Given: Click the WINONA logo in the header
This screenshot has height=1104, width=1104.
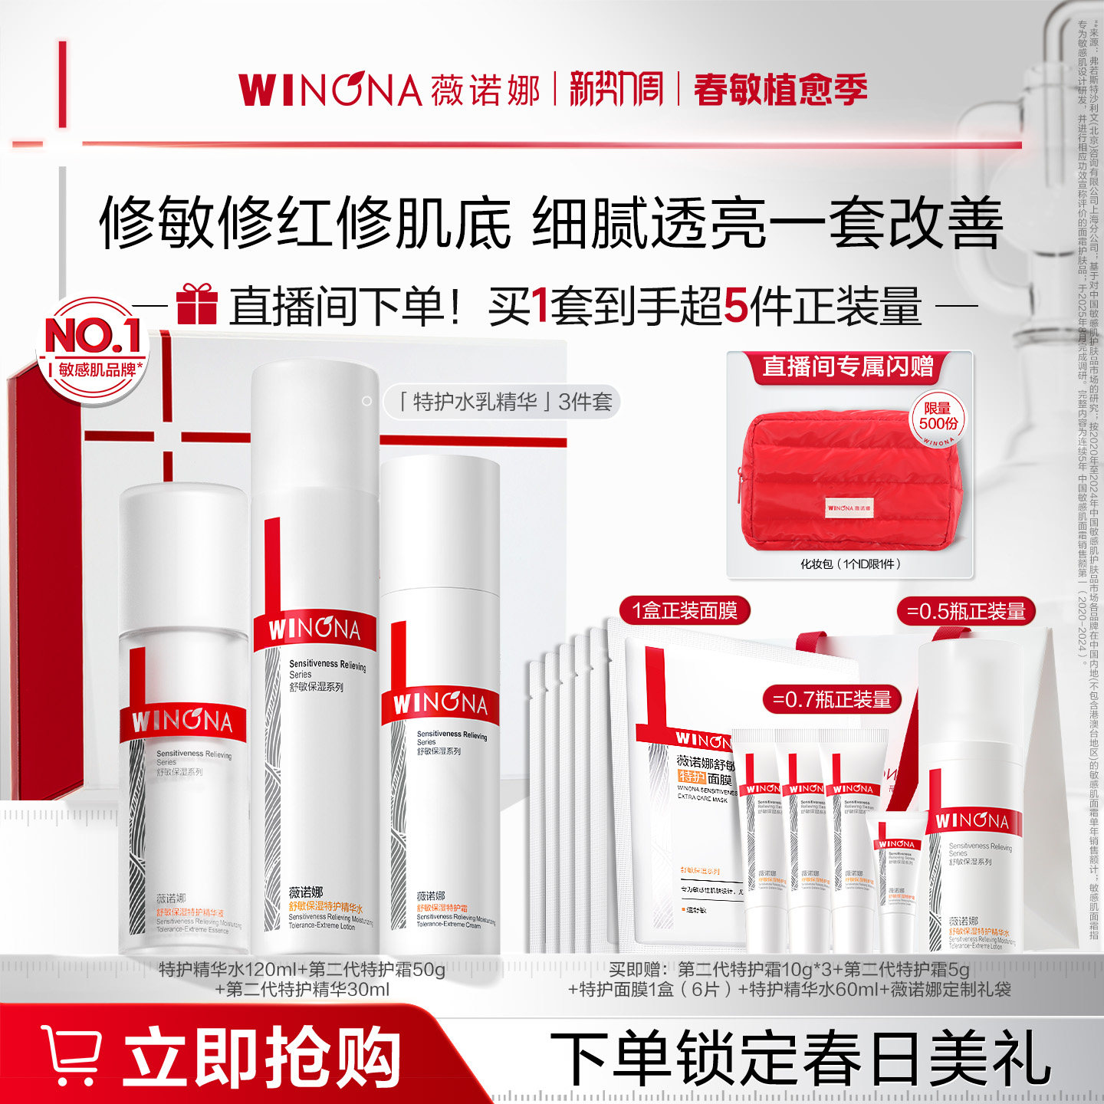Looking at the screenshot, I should (x=330, y=90).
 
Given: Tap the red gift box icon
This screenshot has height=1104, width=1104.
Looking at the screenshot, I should (x=197, y=304).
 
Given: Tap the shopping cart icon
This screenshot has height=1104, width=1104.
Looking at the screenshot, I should (x=71, y=1055).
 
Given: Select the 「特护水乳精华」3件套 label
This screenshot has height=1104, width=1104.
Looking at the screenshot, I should (x=503, y=402).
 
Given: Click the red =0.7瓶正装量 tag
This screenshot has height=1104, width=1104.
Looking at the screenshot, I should (x=832, y=699).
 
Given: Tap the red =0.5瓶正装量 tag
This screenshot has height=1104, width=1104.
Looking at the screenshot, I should (x=966, y=611).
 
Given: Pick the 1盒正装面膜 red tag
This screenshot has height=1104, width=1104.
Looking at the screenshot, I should (x=685, y=611).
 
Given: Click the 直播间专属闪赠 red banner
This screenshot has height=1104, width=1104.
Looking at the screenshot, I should (x=848, y=366).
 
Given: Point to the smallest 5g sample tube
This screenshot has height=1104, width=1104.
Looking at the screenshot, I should (x=900, y=882).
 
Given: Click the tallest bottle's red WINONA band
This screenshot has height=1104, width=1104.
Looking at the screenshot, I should (x=314, y=630).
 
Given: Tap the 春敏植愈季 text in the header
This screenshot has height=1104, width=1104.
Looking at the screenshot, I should (x=780, y=90).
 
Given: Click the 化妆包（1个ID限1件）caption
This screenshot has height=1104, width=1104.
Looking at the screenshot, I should (x=850, y=564).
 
